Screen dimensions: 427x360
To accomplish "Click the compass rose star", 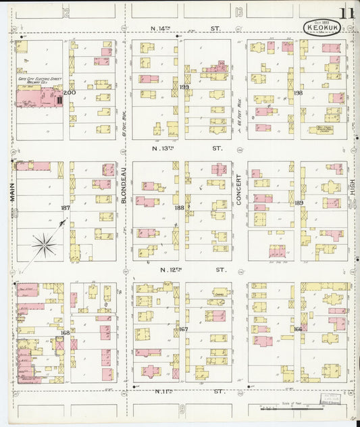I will (x=44, y=244).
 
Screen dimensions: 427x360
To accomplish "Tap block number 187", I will (x=66, y=208).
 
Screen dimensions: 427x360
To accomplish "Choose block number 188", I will (x=179, y=208).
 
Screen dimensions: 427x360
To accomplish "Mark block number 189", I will (x=299, y=203).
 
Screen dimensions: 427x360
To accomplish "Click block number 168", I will (x=66, y=332).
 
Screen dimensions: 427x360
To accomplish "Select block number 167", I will (x=183, y=330).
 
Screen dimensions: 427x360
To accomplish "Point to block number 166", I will (x=298, y=329).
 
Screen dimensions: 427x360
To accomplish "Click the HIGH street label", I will (x=352, y=195).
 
